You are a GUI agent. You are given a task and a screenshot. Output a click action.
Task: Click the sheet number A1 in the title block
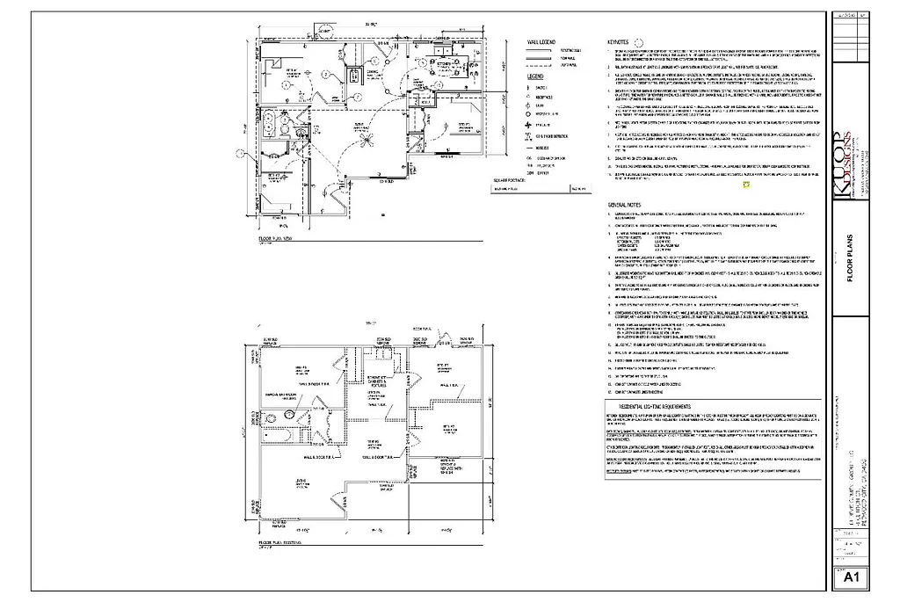click(850, 578)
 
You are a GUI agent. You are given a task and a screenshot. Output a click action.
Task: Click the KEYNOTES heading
click(618, 41)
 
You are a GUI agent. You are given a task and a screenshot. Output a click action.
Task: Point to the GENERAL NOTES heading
click(625, 204)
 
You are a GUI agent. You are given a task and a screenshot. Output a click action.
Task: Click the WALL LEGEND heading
click(541, 41)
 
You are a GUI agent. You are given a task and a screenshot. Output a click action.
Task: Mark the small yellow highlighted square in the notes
click(745, 185)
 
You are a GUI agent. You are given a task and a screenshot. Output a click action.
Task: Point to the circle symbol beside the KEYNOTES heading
click(640, 41)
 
